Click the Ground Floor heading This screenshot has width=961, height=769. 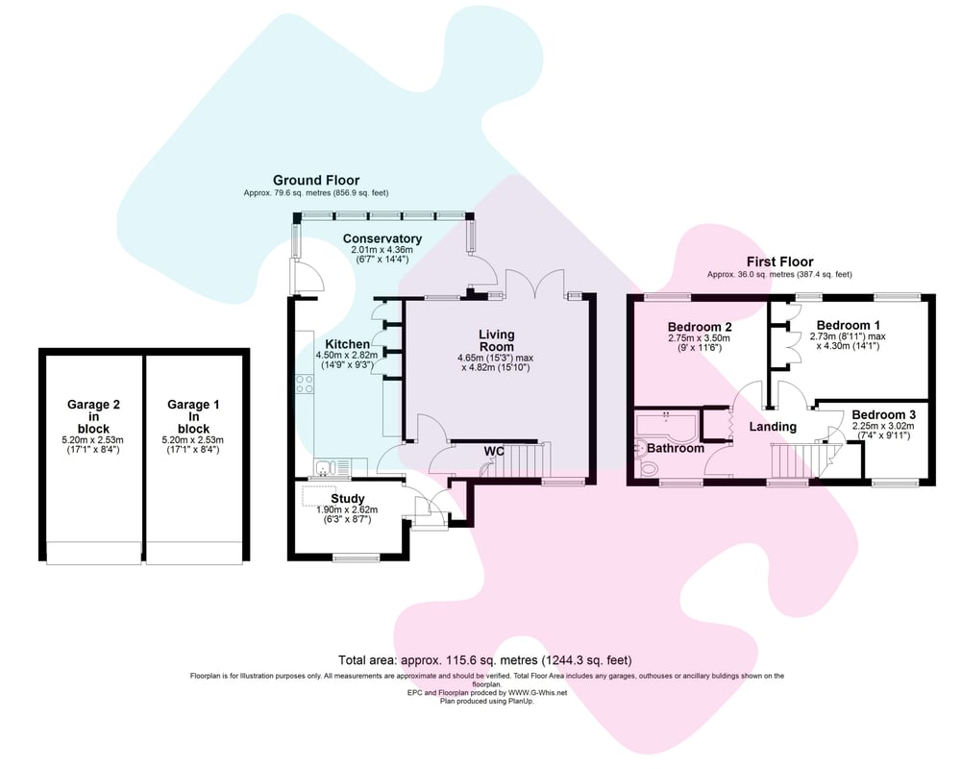pos(316,180)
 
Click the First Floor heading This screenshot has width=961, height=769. pos(779,261)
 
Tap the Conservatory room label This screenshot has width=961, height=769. pos(382,238)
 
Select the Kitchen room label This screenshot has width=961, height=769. pos(347,344)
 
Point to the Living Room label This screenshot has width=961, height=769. pos(497,340)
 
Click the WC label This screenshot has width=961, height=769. pos(494,450)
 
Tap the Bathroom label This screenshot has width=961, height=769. pos(675,448)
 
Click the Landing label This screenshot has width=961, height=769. pos(773,427)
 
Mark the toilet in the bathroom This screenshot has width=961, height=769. pos(648,468)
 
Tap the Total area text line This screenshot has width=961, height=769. pos(484,660)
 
